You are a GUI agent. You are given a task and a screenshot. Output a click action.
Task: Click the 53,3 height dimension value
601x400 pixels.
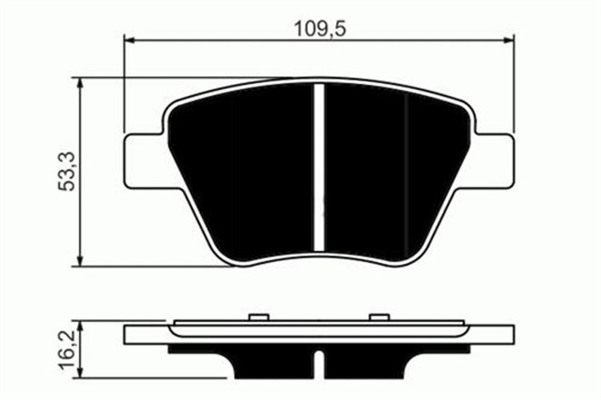point(69,170)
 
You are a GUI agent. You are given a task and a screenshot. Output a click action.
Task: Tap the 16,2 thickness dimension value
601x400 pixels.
point(69,348)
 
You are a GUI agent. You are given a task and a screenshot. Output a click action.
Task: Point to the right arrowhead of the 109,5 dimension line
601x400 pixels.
point(512,40)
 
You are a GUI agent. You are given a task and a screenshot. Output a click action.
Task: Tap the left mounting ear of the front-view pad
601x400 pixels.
point(145,158)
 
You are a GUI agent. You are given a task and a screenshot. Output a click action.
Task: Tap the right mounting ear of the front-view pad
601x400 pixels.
point(496,158)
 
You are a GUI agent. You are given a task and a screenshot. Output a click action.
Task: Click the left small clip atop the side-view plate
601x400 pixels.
point(258,316)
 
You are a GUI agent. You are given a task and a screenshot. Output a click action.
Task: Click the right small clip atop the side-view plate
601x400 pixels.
point(379,316)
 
